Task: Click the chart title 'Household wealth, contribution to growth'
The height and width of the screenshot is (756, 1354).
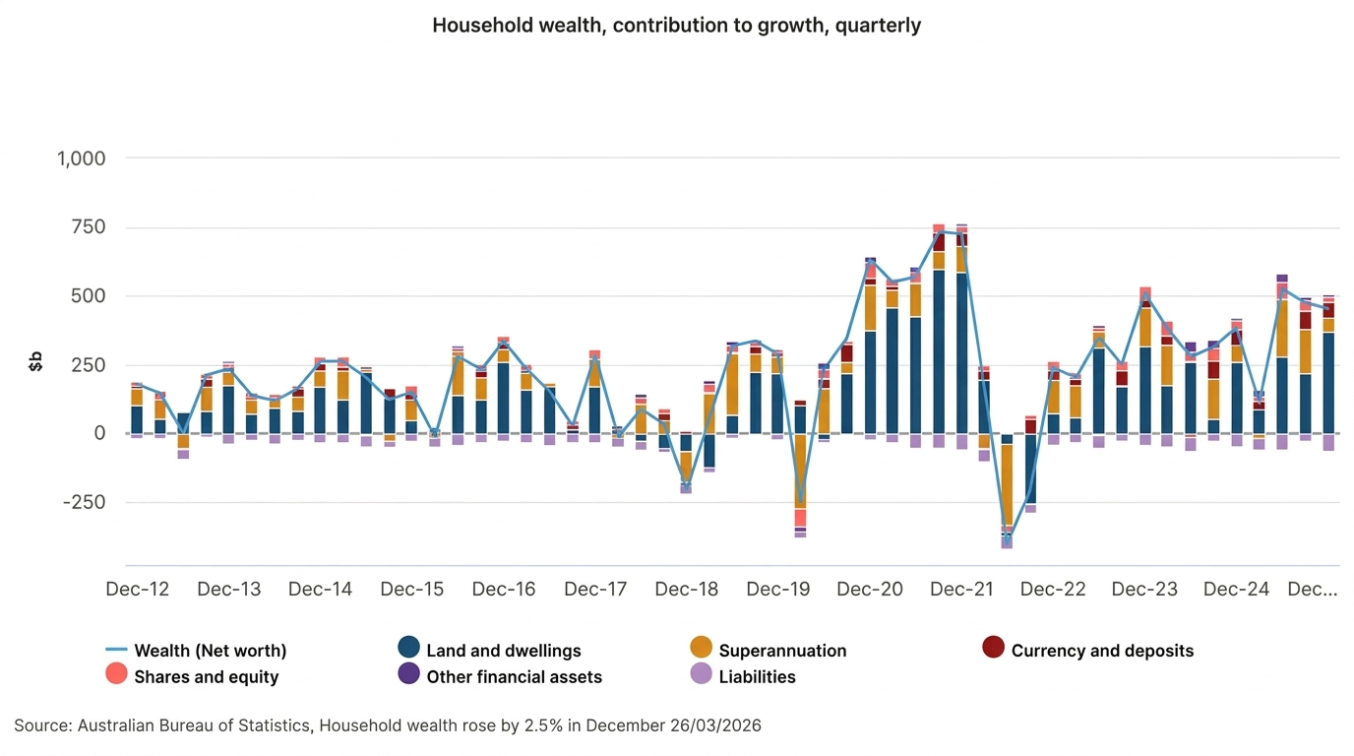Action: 676,26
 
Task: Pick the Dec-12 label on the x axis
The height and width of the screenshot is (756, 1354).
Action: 138,590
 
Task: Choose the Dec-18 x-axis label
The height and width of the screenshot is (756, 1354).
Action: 687,590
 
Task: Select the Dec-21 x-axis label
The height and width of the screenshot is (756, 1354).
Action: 961,590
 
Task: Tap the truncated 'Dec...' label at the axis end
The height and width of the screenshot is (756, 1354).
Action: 1313,590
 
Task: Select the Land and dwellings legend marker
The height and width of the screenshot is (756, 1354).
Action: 409,648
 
